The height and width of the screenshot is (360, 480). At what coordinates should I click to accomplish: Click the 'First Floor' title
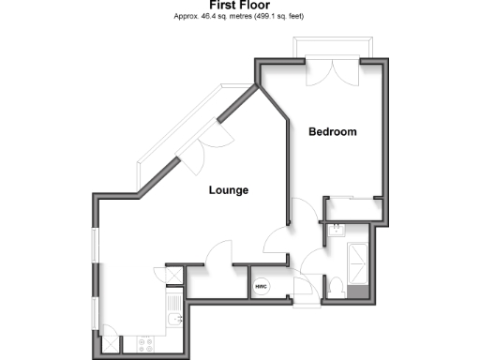pos(240,6)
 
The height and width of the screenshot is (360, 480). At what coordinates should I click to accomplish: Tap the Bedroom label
pos(333,132)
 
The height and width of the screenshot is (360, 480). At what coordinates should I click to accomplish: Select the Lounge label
pos(228,190)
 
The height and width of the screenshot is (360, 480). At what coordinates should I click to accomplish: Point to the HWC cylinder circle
pos(261,286)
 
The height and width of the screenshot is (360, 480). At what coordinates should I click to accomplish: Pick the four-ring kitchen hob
pos(146,343)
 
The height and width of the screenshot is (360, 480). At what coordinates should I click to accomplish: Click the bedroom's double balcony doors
pos(335,73)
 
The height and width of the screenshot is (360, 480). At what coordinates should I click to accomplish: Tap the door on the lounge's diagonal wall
pos(215,138)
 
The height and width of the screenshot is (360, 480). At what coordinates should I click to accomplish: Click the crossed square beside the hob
pos(110,343)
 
